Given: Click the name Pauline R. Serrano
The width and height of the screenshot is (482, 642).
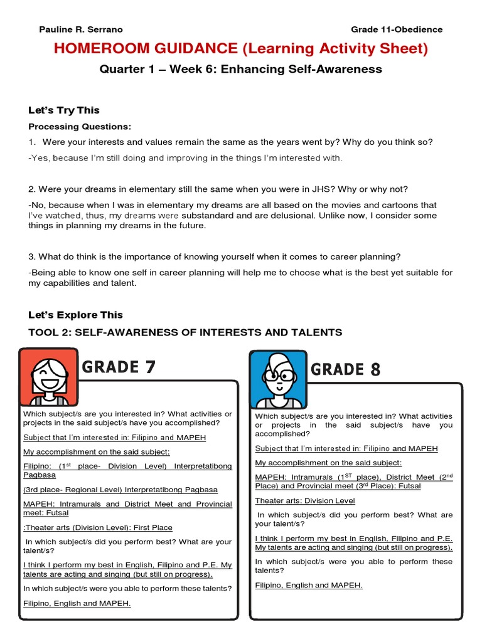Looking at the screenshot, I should click(81, 29).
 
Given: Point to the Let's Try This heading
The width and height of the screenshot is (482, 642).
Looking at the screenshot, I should click(64, 110).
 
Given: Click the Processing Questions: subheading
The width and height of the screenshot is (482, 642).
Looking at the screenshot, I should click(80, 127).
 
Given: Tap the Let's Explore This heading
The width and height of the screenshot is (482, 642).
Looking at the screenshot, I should click(75, 315).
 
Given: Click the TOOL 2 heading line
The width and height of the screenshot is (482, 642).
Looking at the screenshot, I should click(185, 332).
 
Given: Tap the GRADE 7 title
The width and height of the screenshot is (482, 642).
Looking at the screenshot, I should click(119, 367).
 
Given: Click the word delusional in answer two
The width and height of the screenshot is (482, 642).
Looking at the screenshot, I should click(293, 216).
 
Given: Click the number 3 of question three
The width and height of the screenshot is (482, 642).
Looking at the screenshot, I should click(31, 256).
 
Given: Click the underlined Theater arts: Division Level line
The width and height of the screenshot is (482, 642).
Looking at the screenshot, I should click(305, 501).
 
